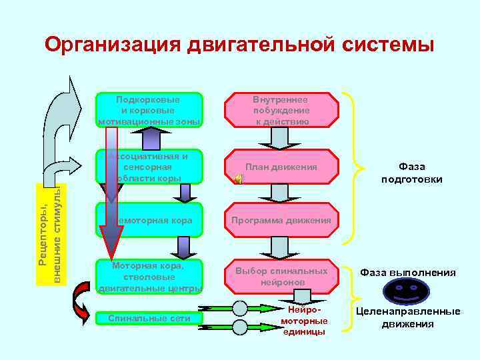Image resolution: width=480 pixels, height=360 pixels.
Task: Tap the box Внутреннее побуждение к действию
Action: [x=281, y=110]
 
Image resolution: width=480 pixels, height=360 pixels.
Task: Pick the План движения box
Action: [x=281, y=167]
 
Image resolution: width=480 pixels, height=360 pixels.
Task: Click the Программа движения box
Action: [x=281, y=220]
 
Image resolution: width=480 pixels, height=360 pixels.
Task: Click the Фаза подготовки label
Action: [x=411, y=173]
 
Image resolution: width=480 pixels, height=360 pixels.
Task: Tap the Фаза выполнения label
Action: [x=408, y=272]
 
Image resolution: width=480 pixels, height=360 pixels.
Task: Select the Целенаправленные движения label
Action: [x=408, y=318]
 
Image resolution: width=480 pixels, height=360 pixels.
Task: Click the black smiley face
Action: [x=407, y=291]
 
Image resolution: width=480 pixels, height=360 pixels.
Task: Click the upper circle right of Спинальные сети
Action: [x=240, y=309]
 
